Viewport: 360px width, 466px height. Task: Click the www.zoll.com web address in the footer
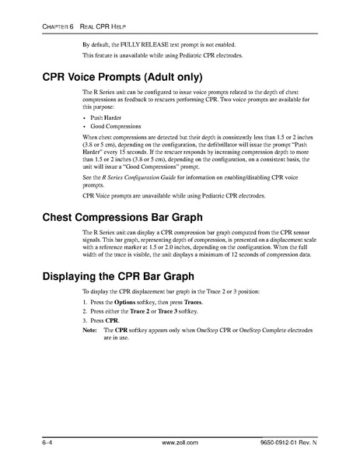pyautogui.click(x=179, y=442)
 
